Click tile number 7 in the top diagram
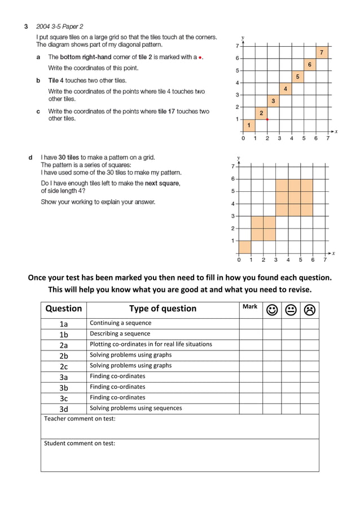pyautogui.click(x=322, y=52)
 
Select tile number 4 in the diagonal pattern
pyautogui.click(x=286, y=89)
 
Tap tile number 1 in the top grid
pyautogui.click(x=249, y=125)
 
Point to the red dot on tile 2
pyautogui.click(x=267, y=120)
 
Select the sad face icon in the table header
pyautogui.click(x=309, y=309)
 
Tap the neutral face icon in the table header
pyautogui.click(x=291, y=309)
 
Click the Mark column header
pyautogui.click(x=249, y=306)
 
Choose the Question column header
pyautogui.click(x=63, y=309)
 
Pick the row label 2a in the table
pyautogui.click(x=63, y=345)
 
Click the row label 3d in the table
pyautogui.click(x=63, y=409)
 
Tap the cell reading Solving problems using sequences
pyautogui.click(x=136, y=408)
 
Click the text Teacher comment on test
pyautogui.click(x=80, y=418)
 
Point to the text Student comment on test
pyautogui.click(x=80, y=443)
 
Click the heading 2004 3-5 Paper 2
pyautogui.click(x=60, y=26)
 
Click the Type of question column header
pyautogui.click(x=163, y=309)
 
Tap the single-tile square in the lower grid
pyautogui.click(x=245, y=247)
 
